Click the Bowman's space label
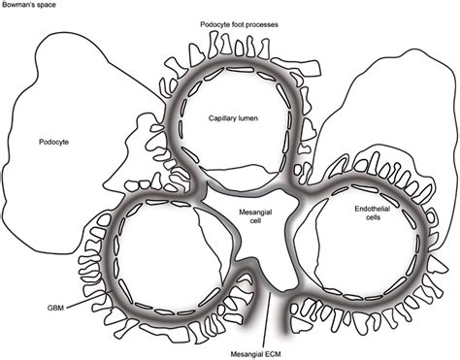[x=28, y=6]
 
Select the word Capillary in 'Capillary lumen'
[x=222, y=117]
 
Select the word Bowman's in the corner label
[x=18, y=6]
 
